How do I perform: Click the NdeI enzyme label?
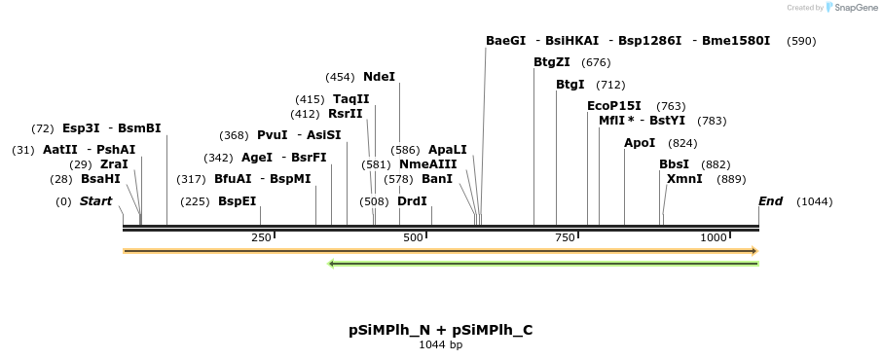(x=379, y=77)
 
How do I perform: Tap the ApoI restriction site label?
(x=640, y=143)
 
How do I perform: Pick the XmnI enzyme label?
(x=684, y=179)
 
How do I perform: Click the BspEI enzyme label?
(x=238, y=201)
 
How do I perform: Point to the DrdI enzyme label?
(x=412, y=201)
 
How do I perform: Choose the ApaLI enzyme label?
(x=448, y=150)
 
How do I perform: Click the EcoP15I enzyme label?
(x=614, y=106)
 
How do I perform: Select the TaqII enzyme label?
(x=351, y=99)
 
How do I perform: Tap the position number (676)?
(x=596, y=62)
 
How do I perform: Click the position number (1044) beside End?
(x=814, y=201)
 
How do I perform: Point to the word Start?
(x=95, y=201)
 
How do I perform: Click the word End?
(x=770, y=201)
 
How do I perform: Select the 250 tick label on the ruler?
(x=261, y=237)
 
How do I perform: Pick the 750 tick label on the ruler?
(x=563, y=237)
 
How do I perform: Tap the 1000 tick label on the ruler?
(x=714, y=237)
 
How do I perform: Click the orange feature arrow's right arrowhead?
(x=753, y=251)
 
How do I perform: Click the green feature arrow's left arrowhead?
(x=333, y=263)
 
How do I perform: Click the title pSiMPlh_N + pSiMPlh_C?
(x=440, y=330)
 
